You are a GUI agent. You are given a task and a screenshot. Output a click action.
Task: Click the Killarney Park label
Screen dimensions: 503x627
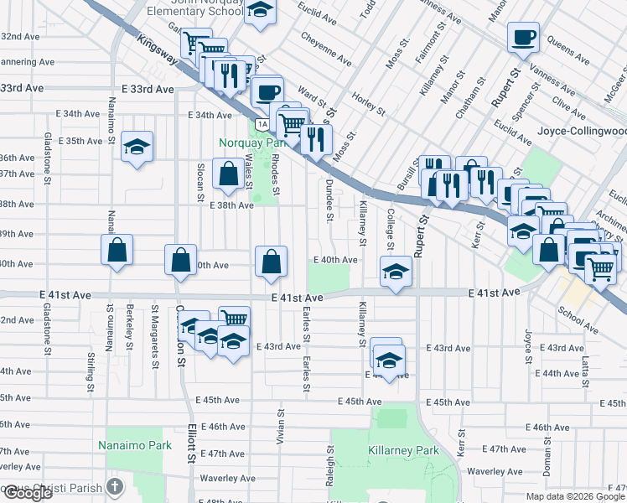click(x=403, y=450)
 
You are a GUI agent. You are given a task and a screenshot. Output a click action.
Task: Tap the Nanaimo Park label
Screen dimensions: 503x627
click(x=134, y=445)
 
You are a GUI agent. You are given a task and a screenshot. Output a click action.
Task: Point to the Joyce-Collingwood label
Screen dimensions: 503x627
click(x=591, y=132)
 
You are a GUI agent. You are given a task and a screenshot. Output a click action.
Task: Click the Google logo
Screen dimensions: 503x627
click(x=27, y=493)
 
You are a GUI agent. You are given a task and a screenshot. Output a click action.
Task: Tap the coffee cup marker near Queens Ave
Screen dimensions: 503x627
click(x=523, y=37)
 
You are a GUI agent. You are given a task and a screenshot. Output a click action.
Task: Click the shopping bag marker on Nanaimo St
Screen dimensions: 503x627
click(x=117, y=249)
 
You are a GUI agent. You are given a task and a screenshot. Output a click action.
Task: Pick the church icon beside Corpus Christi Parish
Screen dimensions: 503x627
click(x=116, y=486)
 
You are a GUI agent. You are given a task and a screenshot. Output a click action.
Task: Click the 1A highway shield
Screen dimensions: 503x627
click(x=262, y=124)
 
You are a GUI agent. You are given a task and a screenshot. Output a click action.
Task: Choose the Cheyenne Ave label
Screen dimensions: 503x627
click(x=326, y=49)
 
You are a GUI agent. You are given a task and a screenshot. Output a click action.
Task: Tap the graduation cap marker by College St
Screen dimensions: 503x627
click(x=396, y=271)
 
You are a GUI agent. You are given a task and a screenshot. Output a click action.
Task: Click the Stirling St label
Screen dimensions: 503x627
click(x=90, y=372)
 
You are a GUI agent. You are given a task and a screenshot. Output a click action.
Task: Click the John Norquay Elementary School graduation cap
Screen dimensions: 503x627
click(x=262, y=12)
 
